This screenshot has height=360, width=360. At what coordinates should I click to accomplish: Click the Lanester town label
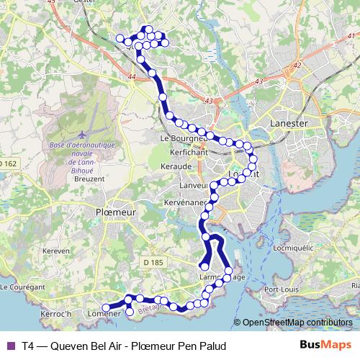pyautogui.click(x=288, y=123)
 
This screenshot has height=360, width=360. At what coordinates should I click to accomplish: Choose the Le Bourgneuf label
pyautogui.click(x=183, y=138)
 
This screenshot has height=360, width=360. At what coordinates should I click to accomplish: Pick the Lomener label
pyautogui.click(x=102, y=314)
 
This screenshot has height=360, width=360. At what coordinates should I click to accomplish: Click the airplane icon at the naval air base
pyautogui.click(x=81, y=135)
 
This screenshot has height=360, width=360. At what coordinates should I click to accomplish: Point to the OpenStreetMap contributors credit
pyautogui.click(x=297, y=323)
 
